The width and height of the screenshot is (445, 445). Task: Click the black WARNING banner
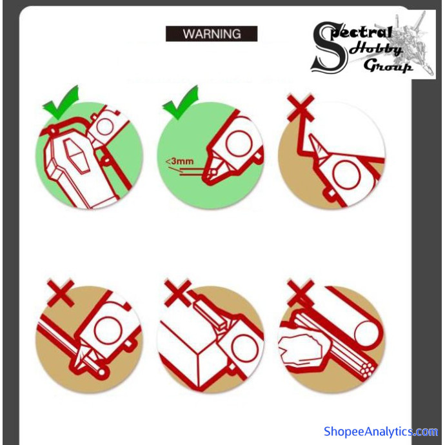point(212,34)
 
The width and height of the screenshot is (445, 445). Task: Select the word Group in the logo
point(388,66)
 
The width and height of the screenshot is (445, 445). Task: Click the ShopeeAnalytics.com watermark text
point(381,431)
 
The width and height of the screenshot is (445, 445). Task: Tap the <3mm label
point(179,161)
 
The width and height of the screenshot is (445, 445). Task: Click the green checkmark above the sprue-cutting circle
point(61,102)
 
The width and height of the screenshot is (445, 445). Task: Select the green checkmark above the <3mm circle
point(181,102)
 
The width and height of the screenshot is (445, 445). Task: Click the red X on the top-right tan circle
point(301,108)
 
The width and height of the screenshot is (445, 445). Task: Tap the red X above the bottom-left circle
point(61,293)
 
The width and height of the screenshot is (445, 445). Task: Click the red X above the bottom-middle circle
point(178,293)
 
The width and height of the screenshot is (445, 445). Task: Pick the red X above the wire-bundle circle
point(301,293)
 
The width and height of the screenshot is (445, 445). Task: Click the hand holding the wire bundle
point(301,349)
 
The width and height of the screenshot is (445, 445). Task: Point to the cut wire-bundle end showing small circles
point(367,368)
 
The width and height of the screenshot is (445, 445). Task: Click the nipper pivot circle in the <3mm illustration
point(239,144)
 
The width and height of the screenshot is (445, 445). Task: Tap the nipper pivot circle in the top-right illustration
point(346,174)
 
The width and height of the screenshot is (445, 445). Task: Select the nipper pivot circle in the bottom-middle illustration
point(244,348)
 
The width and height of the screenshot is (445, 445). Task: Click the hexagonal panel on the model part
point(77,155)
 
